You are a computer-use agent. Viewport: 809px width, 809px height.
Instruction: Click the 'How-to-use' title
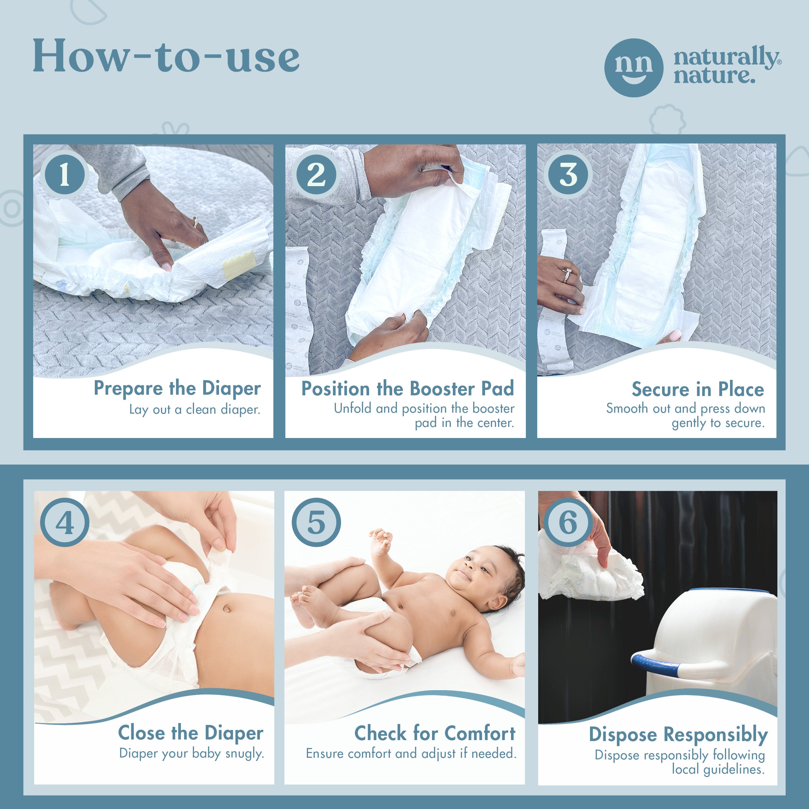pos(166,55)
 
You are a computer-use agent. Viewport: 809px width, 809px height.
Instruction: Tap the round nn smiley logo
pos(634,68)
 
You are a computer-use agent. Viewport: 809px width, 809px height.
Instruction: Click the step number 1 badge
pos(65,175)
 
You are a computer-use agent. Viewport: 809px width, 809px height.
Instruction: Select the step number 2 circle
pos(317,175)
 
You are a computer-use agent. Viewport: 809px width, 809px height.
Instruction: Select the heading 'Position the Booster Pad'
pos(407,389)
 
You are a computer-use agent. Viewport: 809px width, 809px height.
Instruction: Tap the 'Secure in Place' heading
pos(698,389)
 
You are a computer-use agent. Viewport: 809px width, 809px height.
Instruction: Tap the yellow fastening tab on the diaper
pos(239,265)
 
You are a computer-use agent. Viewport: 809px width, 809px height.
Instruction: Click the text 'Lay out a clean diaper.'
pos(195,409)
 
